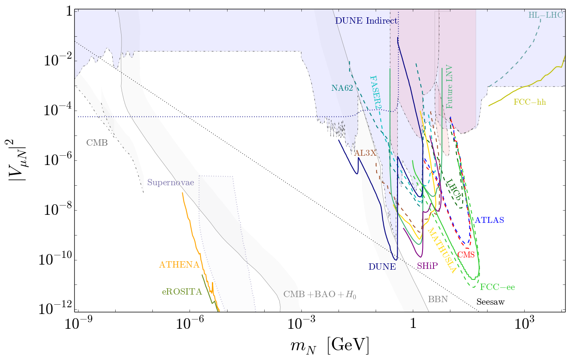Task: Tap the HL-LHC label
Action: [x=545, y=15]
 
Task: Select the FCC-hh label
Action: [x=529, y=102]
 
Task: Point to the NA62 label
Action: [x=342, y=88]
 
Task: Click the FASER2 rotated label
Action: [x=374, y=92]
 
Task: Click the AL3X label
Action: [x=365, y=153]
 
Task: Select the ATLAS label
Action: [x=489, y=220]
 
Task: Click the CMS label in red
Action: [x=466, y=254]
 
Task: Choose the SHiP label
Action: [x=427, y=266]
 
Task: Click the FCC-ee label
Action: [x=497, y=287]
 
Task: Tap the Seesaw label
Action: [x=490, y=302]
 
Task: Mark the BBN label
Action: [x=438, y=299]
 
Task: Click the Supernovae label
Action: [x=171, y=183]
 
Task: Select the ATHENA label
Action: [x=179, y=265]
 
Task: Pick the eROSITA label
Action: [x=182, y=292]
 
